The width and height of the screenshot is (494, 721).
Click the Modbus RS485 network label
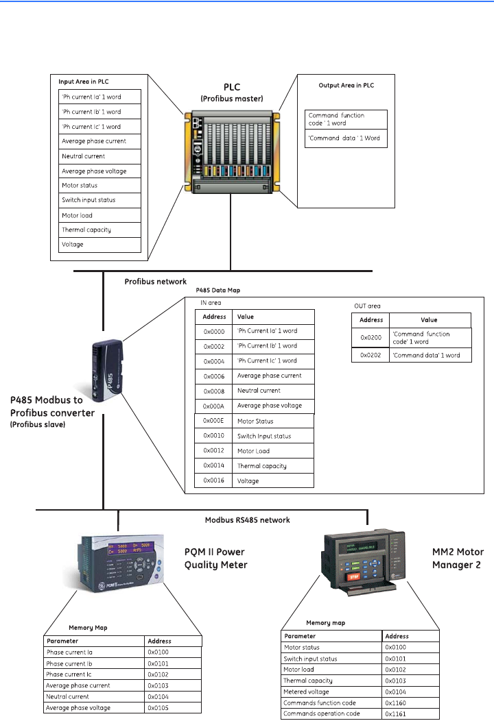(248, 520)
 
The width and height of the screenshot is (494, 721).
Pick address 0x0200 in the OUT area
(371, 338)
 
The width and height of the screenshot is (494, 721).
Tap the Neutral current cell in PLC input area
(83, 156)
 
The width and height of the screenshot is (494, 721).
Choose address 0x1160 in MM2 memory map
(397, 703)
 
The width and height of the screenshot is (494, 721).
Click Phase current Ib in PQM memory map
(69, 663)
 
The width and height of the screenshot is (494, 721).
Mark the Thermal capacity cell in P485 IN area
(261, 466)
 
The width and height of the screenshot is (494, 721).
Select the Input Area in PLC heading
(84, 82)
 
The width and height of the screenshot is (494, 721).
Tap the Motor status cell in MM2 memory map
(302, 648)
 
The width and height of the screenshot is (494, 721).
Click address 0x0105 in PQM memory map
(158, 708)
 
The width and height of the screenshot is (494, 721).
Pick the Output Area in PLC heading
(346, 86)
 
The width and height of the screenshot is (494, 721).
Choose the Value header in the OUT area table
(429, 320)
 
